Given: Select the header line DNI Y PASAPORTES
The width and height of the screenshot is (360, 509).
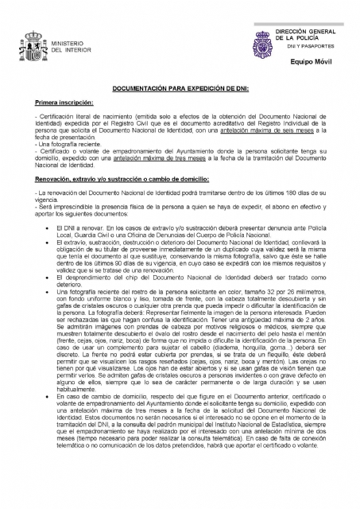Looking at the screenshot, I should (x=306, y=46).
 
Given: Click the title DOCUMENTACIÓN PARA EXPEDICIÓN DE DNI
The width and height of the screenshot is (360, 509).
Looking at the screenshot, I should (x=180, y=89).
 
